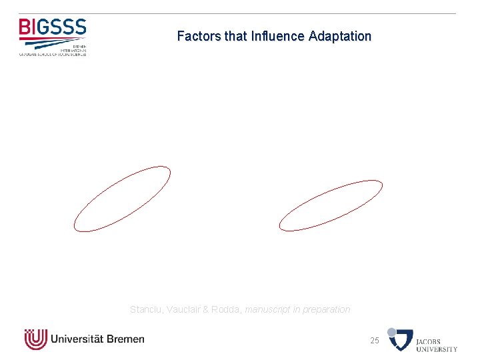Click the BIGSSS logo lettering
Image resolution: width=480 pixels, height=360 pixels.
coord(53,27)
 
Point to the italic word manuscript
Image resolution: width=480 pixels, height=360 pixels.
coord(269,309)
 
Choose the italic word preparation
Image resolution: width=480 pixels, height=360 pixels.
coord(327,309)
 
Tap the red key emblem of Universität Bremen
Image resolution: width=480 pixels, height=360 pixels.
coord(35,339)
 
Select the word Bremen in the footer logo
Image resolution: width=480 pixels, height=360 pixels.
coord(125,339)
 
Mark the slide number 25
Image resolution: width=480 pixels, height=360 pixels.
coord(375,341)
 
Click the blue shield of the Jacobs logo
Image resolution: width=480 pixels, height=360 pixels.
coord(402,340)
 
